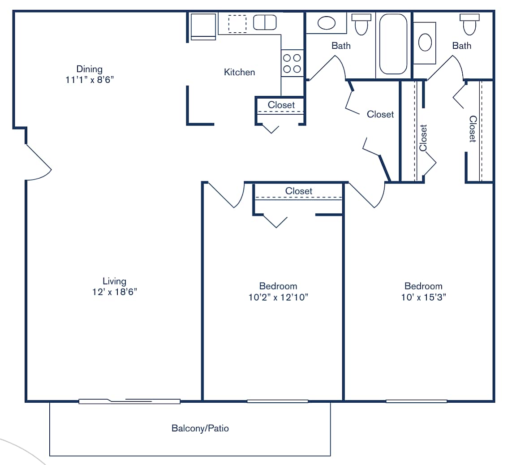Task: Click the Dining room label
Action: pos(89,69)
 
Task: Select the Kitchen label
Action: pos(239,72)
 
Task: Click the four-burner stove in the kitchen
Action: pos(292,63)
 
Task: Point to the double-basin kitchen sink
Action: pos(265,22)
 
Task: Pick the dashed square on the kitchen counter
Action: pos(237,23)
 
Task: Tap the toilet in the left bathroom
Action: pos(361,25)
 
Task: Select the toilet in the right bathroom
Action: pos(469,25)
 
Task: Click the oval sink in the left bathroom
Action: pos(326,23)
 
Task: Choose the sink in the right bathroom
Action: pos(425,43)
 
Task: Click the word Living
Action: pos(114,281)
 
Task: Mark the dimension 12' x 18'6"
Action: pos(114,292)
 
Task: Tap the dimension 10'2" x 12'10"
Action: pos(278,297)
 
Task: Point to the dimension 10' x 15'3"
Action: pos(423,297)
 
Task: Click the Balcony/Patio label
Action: pos(200,429)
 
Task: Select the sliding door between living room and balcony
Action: pos(129,401)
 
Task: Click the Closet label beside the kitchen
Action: pos(281,105)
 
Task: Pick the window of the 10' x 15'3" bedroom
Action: pos(416,401)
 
